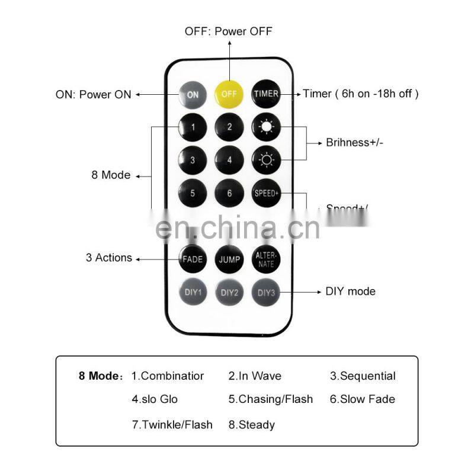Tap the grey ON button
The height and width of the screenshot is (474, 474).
coord(193,94)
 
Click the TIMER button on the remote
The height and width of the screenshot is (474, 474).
coord(266,94)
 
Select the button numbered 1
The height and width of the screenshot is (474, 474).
coord(193,127)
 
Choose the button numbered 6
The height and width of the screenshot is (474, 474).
coord(229,193)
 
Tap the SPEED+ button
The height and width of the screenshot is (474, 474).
coord(266,193)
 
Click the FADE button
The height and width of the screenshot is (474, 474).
coord(193,259)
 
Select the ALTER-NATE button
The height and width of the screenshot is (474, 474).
coord(266,259)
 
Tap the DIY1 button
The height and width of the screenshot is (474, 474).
coord(193,292)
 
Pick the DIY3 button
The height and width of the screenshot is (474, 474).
coord(266,292)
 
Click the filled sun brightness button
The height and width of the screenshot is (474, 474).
coord(266,127)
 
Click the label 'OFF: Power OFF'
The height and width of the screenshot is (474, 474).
coord(229,31)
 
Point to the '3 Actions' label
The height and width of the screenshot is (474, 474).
coord(109,258)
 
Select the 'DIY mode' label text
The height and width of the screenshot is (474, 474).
coord(350,292)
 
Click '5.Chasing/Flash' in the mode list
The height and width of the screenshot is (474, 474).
coord(271,399)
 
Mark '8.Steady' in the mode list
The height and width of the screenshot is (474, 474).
coord(252,425)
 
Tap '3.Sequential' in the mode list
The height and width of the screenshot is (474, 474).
coord(363,376)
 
